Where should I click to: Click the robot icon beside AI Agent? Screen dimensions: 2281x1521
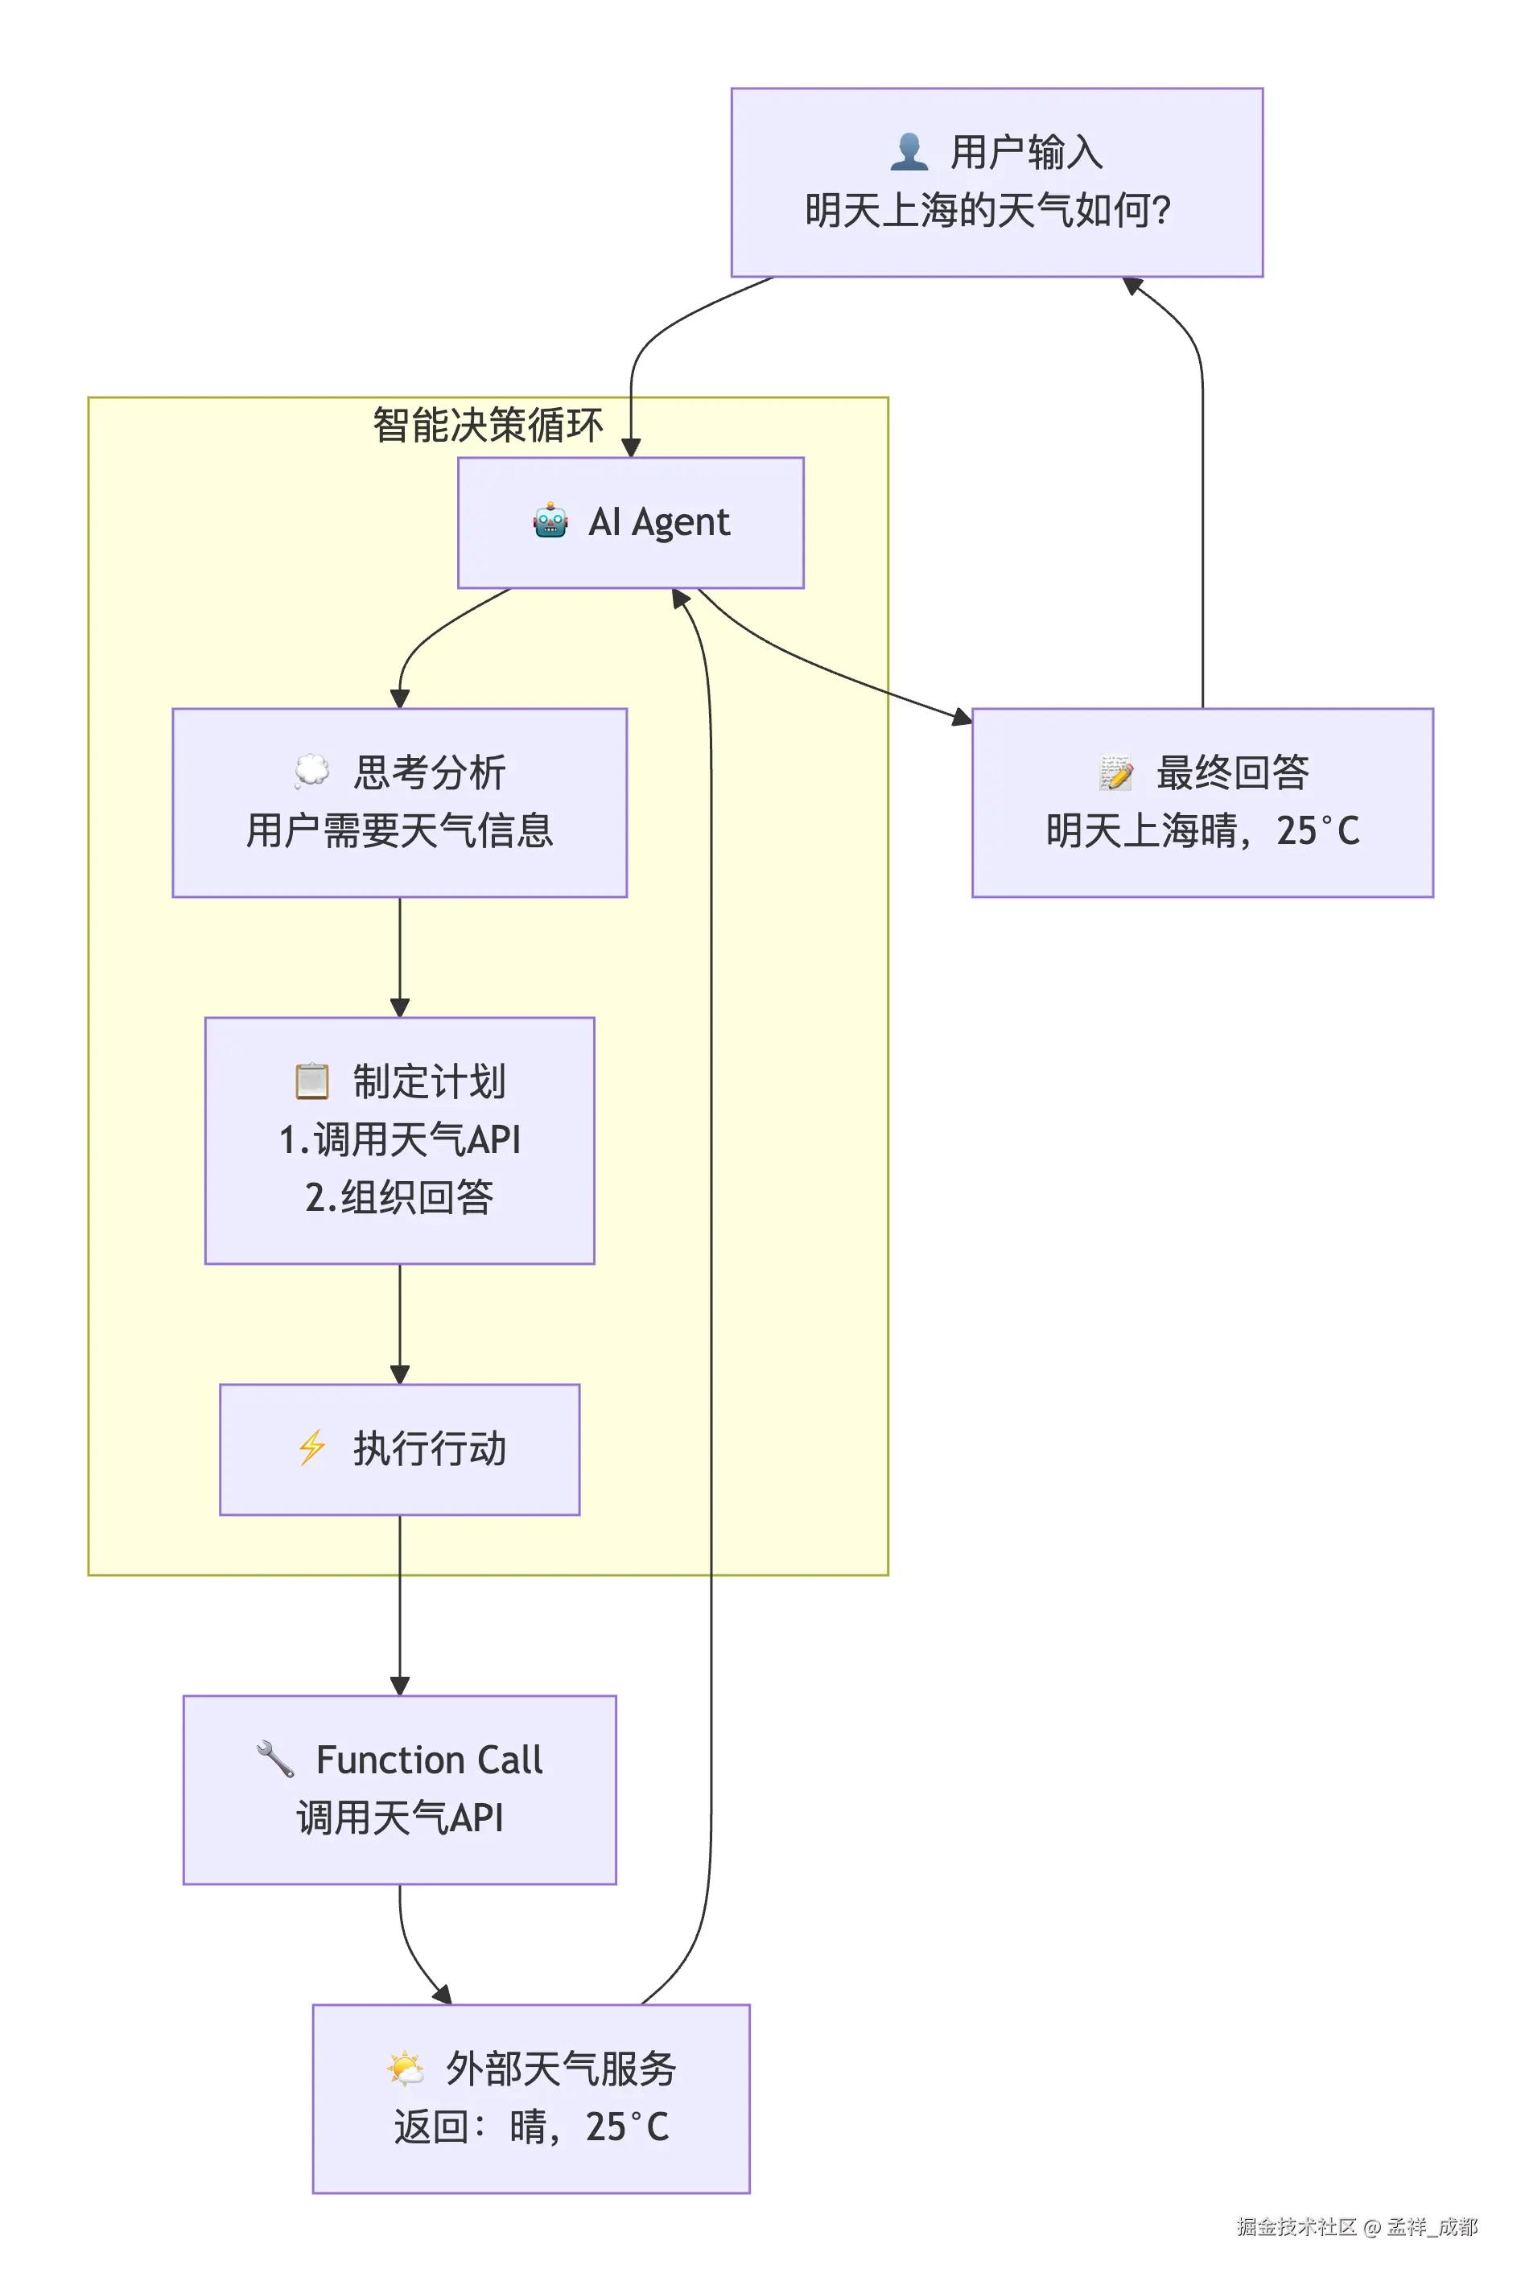pyautogui.click(x=550, y=521)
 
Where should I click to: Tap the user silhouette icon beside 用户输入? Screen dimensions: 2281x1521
pyautogui.click(x=908, y=152)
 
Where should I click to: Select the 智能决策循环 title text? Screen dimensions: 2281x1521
pyautogui.click(x=487, y=425)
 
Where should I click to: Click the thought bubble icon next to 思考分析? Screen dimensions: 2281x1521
pyautogui.click(x=311, y=772)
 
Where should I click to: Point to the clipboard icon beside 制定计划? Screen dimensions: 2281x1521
pyautogui.click(x=311, y=1081)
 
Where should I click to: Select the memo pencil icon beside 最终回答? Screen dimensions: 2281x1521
pyautogui.click(x=1115, y=772)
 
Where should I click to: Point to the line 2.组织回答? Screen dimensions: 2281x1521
pyautogui.click(x=398, y=1196)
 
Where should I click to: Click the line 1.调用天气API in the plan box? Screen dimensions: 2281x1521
pyautogui.click(x=398, y=1139)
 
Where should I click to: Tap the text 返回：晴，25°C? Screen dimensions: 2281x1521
pyautogui.click(x=530, y=2127)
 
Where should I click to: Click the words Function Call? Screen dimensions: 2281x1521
pyautogui.click(x=429, y=1760)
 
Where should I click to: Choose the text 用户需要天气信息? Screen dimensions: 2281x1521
pyautogui.click(x=398, y=831)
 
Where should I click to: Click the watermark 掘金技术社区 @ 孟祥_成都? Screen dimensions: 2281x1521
pyautogui.click(x=1356, y=2227)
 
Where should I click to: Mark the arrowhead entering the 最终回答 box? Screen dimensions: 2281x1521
pyautogui.click(x=962, y=718)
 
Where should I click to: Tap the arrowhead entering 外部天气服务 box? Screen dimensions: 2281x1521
pyautogui.click(x=443, y=1995)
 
